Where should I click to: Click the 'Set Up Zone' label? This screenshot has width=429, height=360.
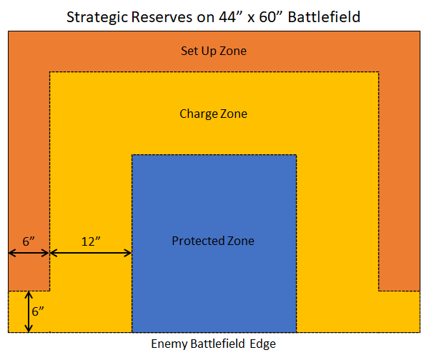213,51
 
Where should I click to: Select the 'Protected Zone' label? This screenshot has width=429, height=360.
213,241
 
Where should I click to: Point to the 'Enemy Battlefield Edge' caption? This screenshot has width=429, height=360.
213,344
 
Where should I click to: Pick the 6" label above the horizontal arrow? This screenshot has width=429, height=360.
29,241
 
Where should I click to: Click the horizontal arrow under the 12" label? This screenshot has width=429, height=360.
91,253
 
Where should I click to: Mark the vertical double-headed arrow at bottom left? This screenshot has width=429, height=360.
29,311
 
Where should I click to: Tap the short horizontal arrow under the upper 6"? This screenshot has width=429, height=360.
29,253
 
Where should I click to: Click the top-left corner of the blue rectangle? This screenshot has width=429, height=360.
132,155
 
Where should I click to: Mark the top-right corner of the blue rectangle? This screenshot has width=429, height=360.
296,155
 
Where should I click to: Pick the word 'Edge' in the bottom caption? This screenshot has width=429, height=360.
262,344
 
